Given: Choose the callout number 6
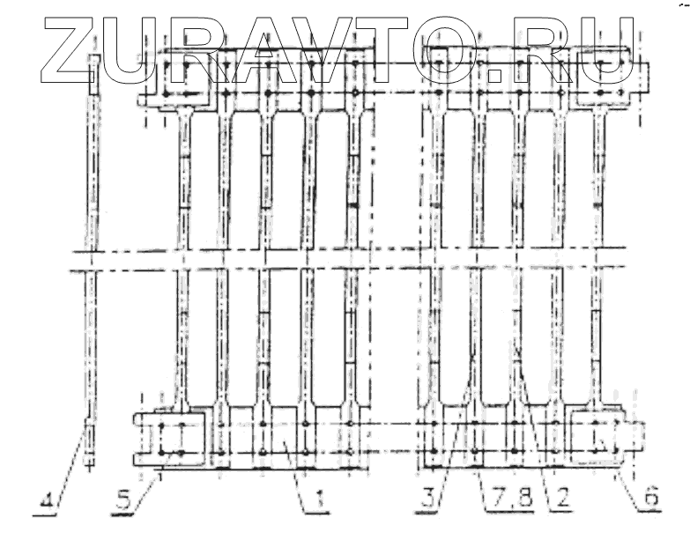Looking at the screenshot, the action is click(649, 499).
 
